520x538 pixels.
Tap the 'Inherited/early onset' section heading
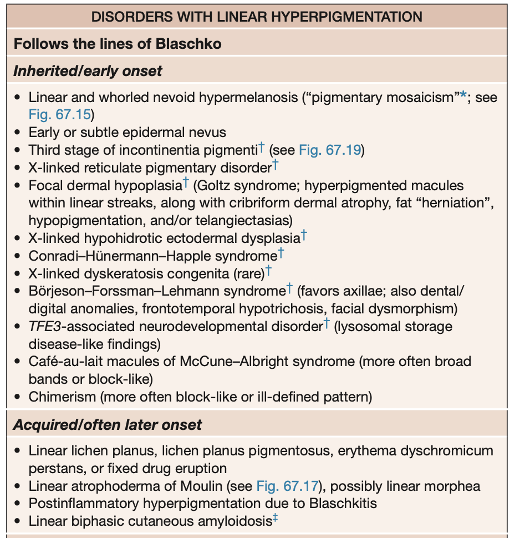coord(88,72)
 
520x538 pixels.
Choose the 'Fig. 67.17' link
coord(288,486)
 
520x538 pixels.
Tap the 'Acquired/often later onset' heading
coord(107,425)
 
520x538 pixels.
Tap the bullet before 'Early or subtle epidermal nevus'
coord(18,133)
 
